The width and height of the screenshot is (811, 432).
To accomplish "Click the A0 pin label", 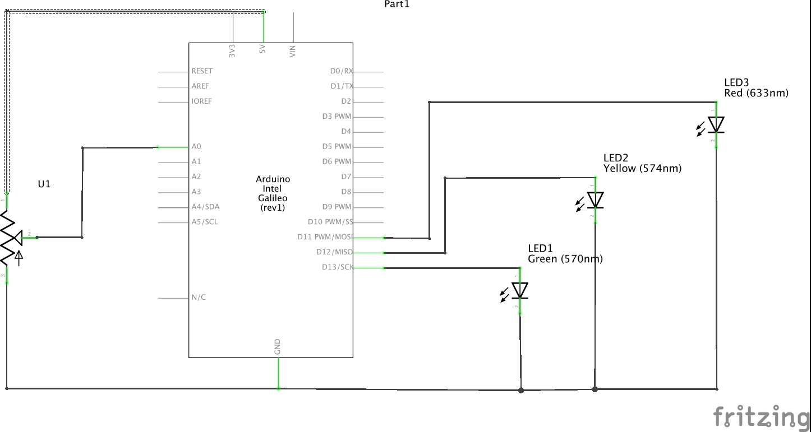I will (196, 147).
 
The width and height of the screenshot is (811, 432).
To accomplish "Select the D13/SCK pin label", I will (337, 267).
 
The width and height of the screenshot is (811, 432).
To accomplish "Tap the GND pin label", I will (277, 347).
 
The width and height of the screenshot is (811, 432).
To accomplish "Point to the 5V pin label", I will (262, 50).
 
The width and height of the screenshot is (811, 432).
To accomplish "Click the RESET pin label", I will (202, 71).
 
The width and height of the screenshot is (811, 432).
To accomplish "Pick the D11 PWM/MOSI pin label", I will (325, 237).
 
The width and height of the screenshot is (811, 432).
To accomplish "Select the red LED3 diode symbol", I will (716, 124).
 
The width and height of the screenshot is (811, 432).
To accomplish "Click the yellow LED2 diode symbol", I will (595, 200).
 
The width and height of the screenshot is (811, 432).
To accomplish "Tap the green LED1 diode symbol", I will (520, 290).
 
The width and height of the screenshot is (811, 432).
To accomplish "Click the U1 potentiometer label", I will (44, 184).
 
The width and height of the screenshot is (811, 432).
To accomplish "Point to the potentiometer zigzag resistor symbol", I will (7, 238).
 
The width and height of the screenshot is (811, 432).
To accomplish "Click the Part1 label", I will (397, 4).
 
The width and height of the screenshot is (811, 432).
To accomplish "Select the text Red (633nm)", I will (756, 93).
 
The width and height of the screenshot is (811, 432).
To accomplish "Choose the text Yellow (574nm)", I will (642, 168).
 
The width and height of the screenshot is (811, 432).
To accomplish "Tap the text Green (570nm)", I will (565, 259).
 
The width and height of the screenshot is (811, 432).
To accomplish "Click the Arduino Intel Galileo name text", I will (273, 193).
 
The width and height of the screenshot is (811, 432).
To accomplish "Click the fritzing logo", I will (761, 417).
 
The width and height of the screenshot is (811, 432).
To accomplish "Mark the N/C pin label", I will (199, 297).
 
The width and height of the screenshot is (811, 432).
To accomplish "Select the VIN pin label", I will (292, 52).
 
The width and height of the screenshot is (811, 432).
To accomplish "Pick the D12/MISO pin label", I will (334, 252).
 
